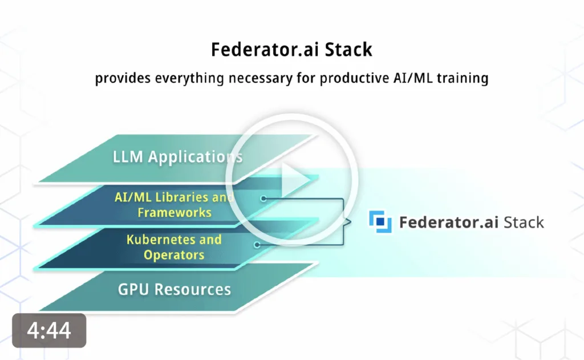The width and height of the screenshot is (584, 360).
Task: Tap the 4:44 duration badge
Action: pyautogui.click(x=49, y=330)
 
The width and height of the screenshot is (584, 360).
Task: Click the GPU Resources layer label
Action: pyautogui.click(x=175, y=289)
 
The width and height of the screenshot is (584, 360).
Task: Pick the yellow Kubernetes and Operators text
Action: pyautogui.click(x=174, y=247)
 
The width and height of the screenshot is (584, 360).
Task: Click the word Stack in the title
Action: pyautogui.click(x=348, y=50)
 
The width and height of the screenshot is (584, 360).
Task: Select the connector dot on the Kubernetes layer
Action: pyautogui.click(x=257, y=245)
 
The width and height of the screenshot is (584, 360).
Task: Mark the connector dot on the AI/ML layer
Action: pyautogui.click(x=263, y=199)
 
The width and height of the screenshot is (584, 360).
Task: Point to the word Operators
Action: pyautogui.click(x=174, y=255)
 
